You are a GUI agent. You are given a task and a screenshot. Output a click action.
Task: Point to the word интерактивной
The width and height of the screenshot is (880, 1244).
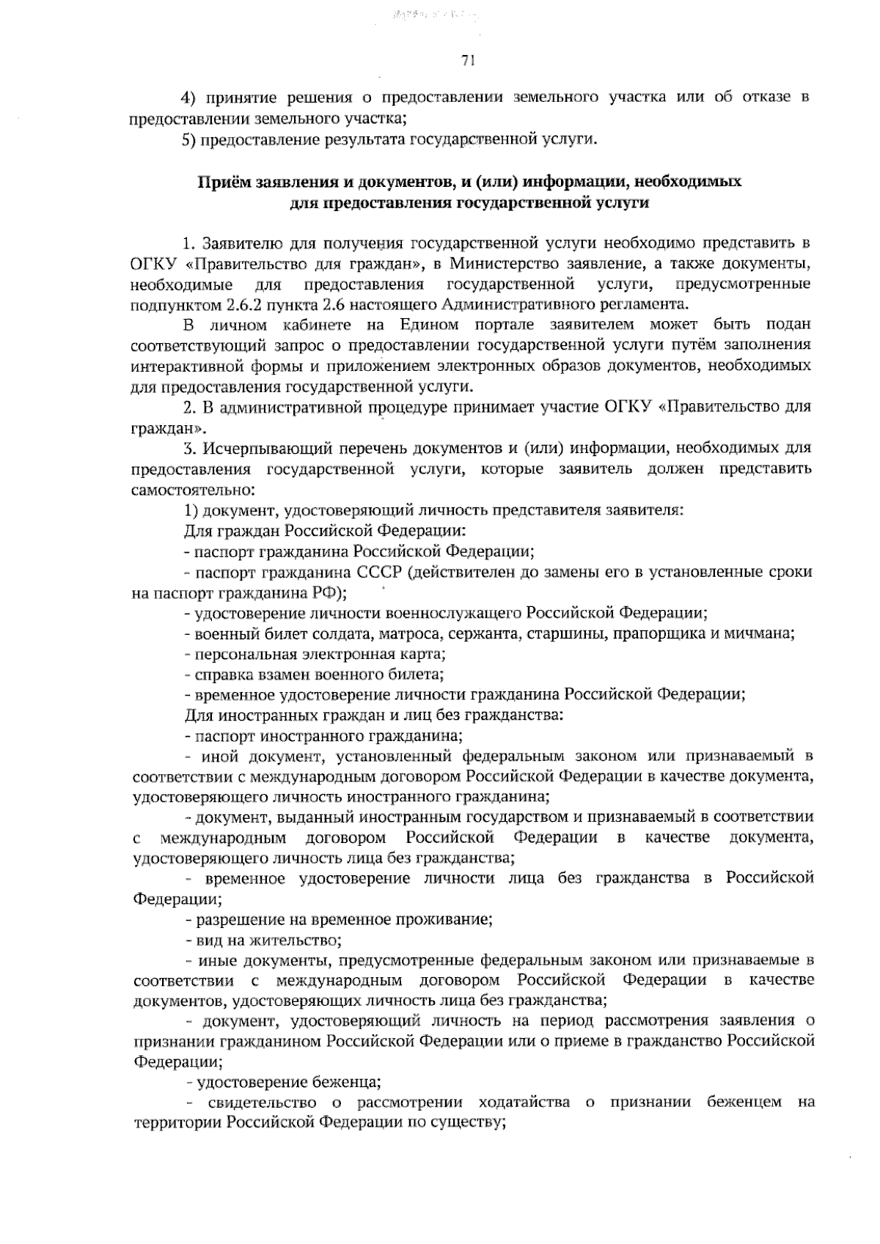tap(179, 365)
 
